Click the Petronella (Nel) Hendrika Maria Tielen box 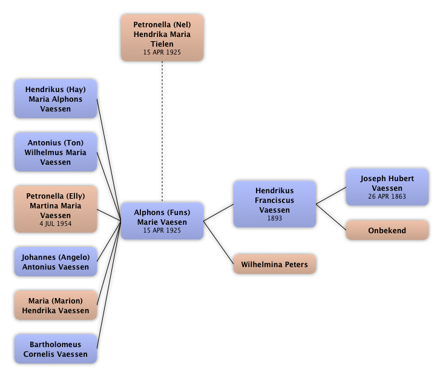162,38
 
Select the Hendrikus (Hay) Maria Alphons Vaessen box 55,99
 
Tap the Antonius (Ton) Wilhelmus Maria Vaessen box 55,153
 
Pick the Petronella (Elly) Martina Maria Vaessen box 55,210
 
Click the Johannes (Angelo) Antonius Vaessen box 55,262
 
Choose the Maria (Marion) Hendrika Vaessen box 55,305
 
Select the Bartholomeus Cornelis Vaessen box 55,350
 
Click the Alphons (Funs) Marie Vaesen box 162,221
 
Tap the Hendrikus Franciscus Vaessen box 274,204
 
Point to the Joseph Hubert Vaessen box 387,187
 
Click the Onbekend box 387,231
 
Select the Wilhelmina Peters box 274,265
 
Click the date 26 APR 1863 387,196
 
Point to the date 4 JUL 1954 55,224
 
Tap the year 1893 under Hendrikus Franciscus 274,219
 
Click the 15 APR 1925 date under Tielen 162,52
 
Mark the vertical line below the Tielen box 162,130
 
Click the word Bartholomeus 55,345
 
